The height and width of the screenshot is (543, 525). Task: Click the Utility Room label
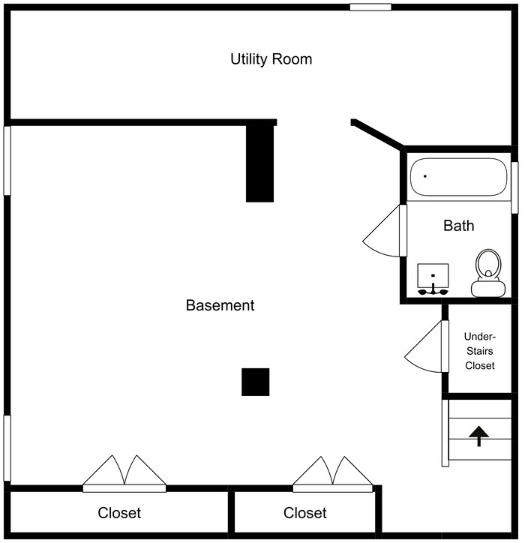pos(271,59)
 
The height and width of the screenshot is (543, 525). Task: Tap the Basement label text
pos(220,305)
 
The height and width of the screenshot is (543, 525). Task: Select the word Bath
pos(458,225)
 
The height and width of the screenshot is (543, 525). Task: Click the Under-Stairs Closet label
pos(479,351)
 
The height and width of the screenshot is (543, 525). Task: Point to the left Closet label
pos(119,513)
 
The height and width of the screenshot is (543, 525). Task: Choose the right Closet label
pos(305,513)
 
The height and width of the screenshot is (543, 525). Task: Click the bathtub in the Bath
pos(458,177)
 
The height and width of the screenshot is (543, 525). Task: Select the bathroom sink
pos(433,277)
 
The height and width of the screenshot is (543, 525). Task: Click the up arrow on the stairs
pos(479,435)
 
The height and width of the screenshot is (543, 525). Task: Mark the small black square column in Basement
pos(255,382)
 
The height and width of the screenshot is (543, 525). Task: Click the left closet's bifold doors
pos(124,472)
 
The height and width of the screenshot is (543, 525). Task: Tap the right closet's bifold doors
pos(332,472)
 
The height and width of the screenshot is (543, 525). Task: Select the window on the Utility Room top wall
pos(370,7)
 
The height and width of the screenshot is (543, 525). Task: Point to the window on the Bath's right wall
pos(514,187)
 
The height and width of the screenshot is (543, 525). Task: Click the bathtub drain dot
pos(425,176)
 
